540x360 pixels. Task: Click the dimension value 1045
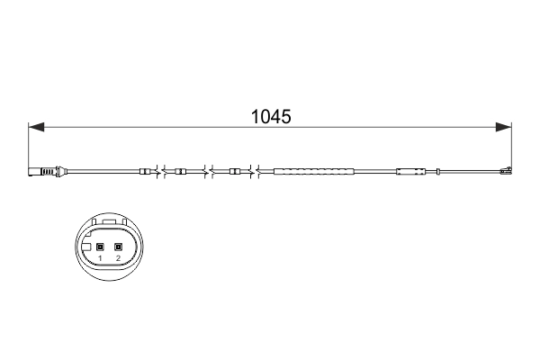(x=272, y=116)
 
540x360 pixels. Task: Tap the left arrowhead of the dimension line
(x=36, y=127)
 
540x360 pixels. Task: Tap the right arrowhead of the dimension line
(x=503, y=127)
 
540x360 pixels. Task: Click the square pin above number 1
(x=100, y=247)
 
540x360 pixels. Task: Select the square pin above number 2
(x=118, y=247)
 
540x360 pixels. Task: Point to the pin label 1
(x=100, y=258)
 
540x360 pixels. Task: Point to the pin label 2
(x=118, y=258)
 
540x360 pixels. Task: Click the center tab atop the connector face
(x=110, y=222)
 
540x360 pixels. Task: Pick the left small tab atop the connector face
(x=94, y=222)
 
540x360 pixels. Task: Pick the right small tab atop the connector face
(x=125, y=222)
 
